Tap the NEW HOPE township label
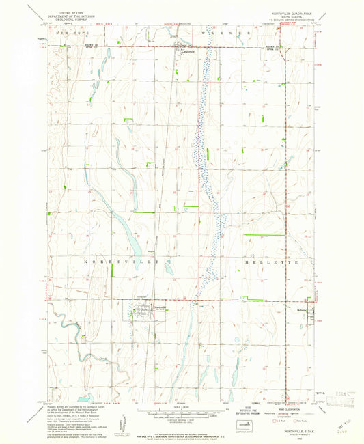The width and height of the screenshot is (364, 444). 72,32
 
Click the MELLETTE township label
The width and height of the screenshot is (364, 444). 271,262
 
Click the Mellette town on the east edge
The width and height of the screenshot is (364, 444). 308,314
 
